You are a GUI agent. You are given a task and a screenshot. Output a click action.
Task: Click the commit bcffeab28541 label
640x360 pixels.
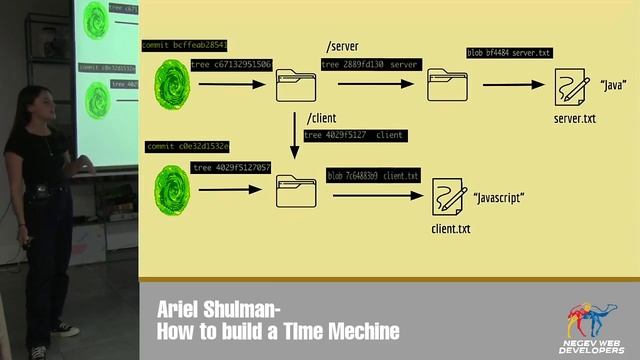(185, 45)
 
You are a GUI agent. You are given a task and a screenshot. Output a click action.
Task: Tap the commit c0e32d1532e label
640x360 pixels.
(187, 146)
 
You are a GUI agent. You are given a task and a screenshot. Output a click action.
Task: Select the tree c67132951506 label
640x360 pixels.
(231, 65)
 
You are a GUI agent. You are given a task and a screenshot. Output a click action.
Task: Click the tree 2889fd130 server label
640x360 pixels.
(370, 64)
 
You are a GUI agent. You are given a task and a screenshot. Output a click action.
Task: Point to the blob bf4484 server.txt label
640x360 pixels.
(509, 53)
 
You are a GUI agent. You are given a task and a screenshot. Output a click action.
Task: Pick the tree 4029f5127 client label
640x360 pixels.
(354, 135)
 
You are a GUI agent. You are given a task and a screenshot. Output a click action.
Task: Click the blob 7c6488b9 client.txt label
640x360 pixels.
(373, 176)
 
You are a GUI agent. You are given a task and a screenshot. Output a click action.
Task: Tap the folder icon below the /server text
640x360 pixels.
(446, 84)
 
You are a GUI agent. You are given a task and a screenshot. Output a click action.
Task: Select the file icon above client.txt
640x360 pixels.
(449, 196)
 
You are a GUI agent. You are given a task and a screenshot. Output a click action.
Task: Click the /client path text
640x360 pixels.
(321, 119)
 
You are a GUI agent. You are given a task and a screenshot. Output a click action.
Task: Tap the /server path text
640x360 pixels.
(341, 47)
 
